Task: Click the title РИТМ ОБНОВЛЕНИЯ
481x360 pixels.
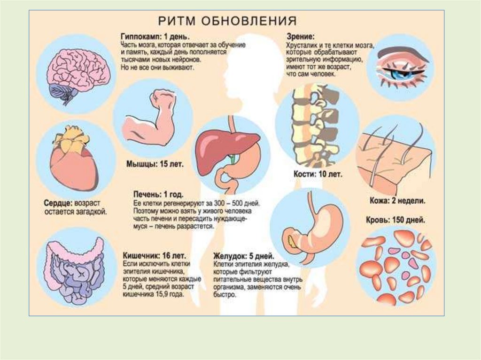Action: tap(226, 22)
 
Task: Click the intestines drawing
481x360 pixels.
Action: tap(75, 272)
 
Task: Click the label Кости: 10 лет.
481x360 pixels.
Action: tap(320, 174)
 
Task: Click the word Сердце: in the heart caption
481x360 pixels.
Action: tap(58, 203)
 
